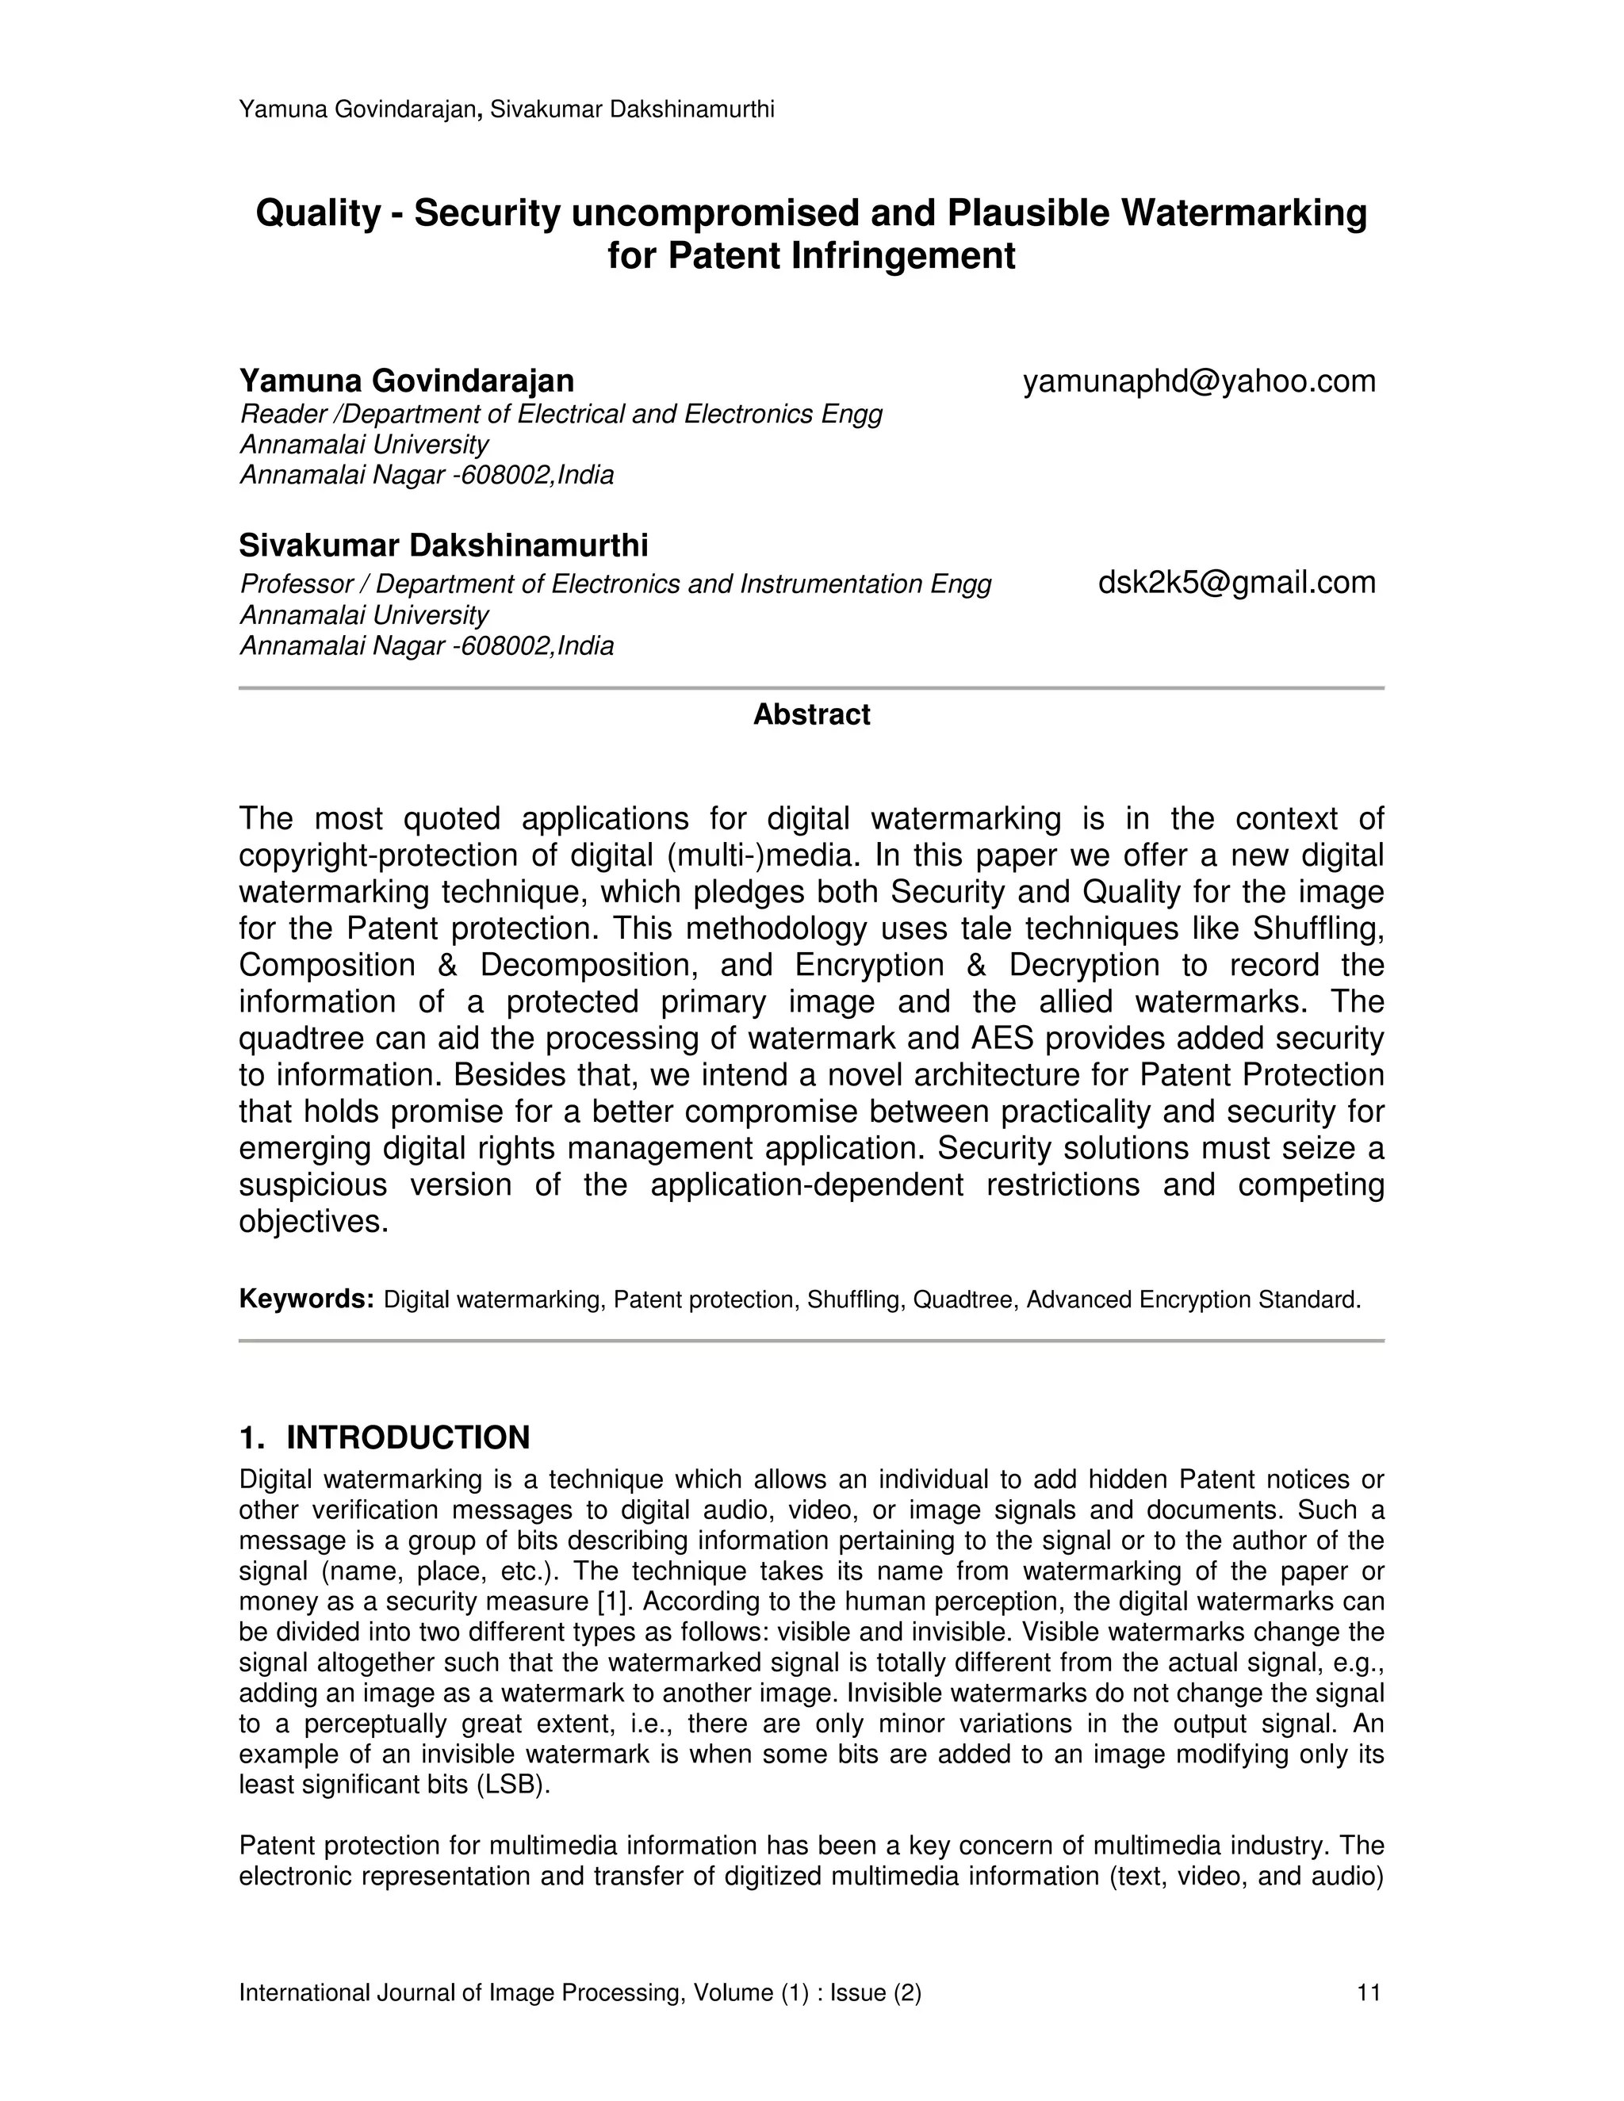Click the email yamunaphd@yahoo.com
pos(1199,382)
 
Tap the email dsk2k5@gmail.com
pos(1236,582)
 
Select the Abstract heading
pos(811,715)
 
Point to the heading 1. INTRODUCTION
pos(384,1437)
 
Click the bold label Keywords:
pos(306,1299)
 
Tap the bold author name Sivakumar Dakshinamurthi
pos(443,545)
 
